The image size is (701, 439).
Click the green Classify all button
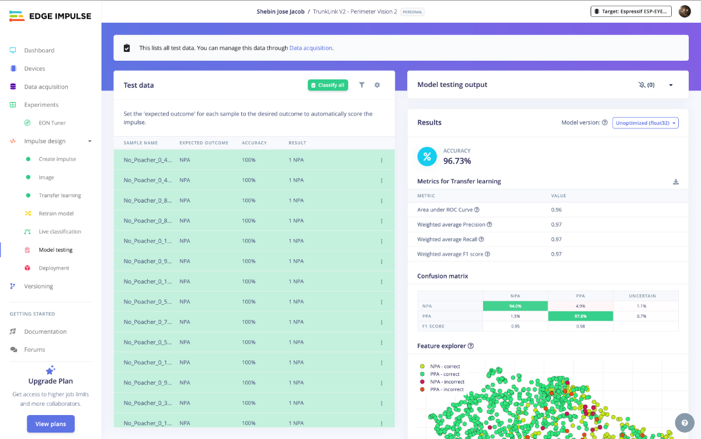[x=328, y=85]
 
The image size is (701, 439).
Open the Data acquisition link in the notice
[x=311, y=48]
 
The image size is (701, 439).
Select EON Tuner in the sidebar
[x=52, y=123]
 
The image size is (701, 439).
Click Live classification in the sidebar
[x=60, y=232]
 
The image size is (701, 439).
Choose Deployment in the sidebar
[x=54, y=268]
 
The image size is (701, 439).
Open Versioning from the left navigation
[x=39, y=286]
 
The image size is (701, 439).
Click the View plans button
[x=51, y=424]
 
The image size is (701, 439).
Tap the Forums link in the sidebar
[x=34, y=350]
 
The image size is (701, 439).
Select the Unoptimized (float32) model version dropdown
[x=646, y=123]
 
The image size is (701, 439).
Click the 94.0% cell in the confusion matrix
[x=515, y=306]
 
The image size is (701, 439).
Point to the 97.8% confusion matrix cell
[x=581, y=316]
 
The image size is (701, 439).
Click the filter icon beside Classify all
[x=362, y=85]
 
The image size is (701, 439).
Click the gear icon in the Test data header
[x=377, y=85]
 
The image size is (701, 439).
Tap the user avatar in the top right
[x=685, y=11]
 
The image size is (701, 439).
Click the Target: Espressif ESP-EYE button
[x=631, y=11]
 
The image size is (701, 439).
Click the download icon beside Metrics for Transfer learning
[x=676, y=182]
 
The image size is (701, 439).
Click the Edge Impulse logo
[x=50, y=16]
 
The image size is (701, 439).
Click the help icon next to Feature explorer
[x=471, y=346]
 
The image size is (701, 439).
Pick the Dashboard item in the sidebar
[x=39, y=50]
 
